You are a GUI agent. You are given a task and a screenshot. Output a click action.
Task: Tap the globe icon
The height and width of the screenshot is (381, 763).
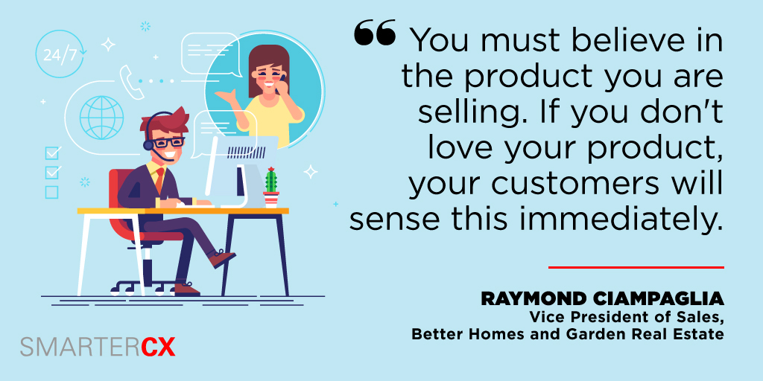pos(101,116)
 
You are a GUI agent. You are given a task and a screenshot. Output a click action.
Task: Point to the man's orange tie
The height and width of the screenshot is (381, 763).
pos(159,179)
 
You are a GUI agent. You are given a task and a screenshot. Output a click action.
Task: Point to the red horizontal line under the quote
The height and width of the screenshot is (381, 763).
pos(636,266)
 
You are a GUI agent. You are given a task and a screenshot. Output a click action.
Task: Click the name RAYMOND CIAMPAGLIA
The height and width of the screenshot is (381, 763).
pos(602,299)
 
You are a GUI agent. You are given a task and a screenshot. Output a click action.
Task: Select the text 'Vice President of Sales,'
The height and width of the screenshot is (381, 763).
pos(627,317)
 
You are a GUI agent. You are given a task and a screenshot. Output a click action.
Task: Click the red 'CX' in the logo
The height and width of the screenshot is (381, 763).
pos(157,347)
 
